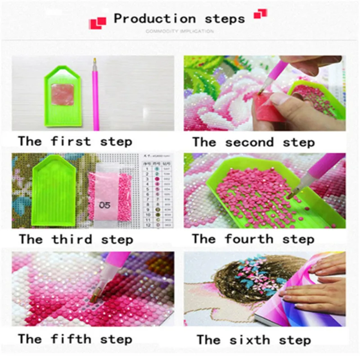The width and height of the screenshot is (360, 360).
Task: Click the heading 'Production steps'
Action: click(x=179, y=19)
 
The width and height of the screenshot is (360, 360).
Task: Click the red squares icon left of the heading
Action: click(x=98, y=22)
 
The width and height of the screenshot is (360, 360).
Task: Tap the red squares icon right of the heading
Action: click(x=260, y=14)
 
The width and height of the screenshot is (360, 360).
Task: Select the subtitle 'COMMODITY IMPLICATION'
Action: click(x=180, y=31)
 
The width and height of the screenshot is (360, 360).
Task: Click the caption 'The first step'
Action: click(x=75, y=141)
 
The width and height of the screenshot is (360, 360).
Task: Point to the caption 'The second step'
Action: click(x=253, y=143)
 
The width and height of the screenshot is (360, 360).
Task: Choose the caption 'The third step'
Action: click(x=76, y=239)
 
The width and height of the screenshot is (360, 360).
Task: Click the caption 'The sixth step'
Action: click(x=253, y=339)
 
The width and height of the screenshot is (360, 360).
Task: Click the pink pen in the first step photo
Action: click(x=95, y=94)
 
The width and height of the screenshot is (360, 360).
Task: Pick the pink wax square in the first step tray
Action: click(x=63, y=94)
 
